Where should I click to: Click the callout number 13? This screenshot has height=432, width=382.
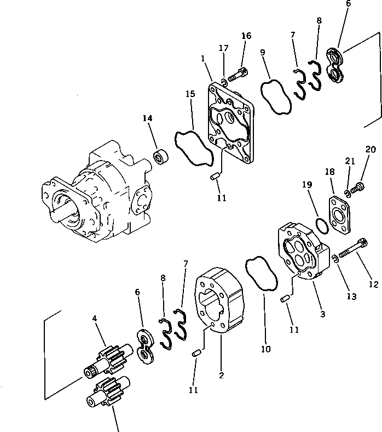click(351, 297)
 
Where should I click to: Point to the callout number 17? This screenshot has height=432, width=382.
click(224, 49)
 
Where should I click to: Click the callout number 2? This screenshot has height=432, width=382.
click(221, 376)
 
